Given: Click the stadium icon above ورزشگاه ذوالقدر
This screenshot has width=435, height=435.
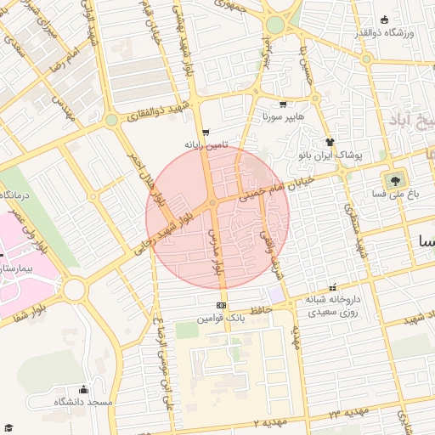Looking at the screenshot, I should coord(385,20).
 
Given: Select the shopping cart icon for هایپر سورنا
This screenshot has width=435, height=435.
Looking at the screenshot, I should coord(283,104).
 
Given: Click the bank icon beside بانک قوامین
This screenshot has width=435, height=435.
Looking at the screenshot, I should coord(222,305).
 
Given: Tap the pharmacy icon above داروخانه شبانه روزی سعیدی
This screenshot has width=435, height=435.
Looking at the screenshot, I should coord(332,288).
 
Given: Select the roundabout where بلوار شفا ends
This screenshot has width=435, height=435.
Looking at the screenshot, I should coord(74,290).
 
